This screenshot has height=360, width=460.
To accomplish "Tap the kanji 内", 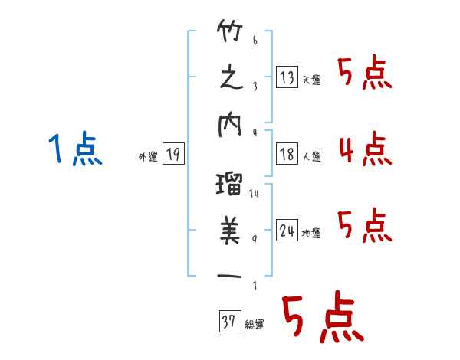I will coord(229,128).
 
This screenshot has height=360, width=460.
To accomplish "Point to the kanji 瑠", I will coord(229,185).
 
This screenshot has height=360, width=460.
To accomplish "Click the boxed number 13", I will coord(287,77).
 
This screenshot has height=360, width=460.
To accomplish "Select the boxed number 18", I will coord(287,155).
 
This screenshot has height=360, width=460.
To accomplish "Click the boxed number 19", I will coord(172,155).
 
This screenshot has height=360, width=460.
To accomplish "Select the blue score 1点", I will coord(75,149).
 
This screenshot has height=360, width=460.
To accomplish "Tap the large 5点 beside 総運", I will coord(322,318).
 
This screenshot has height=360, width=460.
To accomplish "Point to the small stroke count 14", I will coord(254,194).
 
